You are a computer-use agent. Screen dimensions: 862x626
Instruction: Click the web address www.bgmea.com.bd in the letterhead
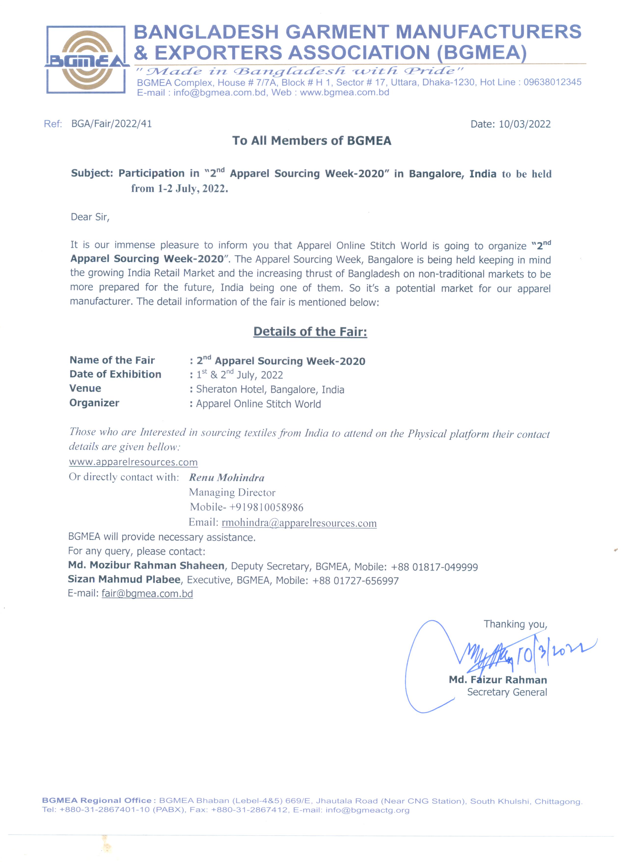click(344, 92)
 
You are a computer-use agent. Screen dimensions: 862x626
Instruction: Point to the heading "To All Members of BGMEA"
click(312, 141)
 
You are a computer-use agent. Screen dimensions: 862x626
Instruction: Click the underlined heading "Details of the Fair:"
click(310, 332)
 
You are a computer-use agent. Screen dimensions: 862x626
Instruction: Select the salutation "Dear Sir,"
click(90, 217)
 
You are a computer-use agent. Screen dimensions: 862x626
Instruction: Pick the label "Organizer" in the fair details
click(94, 403)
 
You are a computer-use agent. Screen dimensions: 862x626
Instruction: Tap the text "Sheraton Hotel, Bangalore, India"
click(270, 389)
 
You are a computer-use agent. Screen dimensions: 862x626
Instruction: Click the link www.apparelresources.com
click(133, 462)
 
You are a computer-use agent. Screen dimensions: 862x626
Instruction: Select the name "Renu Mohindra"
click(227, 478)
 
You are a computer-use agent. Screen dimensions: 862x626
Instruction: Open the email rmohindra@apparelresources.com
click(299, 523)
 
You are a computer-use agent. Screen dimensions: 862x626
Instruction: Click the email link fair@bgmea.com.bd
click(147, 594)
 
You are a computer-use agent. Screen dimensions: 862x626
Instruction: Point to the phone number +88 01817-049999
click(434, 567)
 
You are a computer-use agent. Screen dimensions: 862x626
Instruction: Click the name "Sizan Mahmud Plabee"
click(124, 580)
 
